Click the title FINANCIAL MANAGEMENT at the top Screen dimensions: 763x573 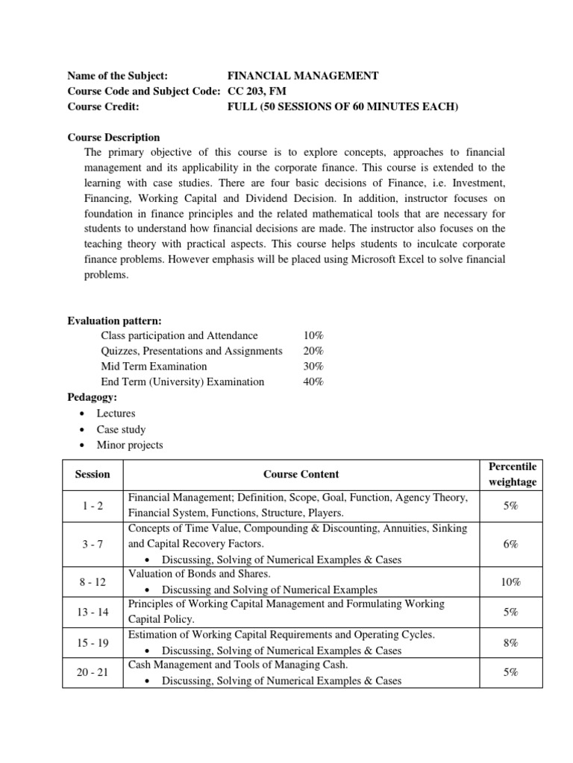tap(302, 75)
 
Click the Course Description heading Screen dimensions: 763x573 tap(113, 137)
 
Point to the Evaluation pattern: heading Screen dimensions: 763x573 tap(114, 320)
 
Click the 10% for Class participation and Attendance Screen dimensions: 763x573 tap(313, 335)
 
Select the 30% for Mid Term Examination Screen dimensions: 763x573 tap(313, 366)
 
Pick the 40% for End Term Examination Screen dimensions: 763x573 tap(313, 381)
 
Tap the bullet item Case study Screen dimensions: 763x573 tap(121, 429)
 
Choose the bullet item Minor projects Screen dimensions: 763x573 tap(129, 445)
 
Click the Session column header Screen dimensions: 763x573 tap(93, 474)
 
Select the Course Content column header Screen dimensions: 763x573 tap(301, 474)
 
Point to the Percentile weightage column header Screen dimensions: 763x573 tap(511, 474)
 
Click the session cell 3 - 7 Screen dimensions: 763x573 tap(93, 544)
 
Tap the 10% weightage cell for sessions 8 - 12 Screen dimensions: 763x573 tap(511, 581)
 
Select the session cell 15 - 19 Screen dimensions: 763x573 tap(93, 642)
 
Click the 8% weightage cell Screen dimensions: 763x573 tap(511, 642)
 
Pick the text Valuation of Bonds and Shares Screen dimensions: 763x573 tap(198, 574)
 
